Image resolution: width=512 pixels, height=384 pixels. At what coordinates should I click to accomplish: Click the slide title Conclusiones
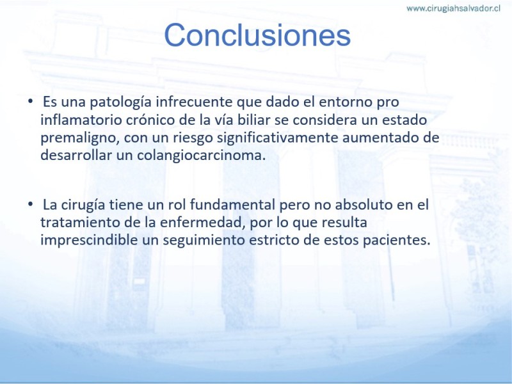coord(257,35)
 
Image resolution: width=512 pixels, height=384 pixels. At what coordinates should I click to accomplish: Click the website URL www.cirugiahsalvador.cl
coord(453,8)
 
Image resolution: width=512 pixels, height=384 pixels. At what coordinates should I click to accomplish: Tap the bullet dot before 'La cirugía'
coord(30,204)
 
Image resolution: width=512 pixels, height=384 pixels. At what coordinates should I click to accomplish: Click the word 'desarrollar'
coord(76,155)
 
